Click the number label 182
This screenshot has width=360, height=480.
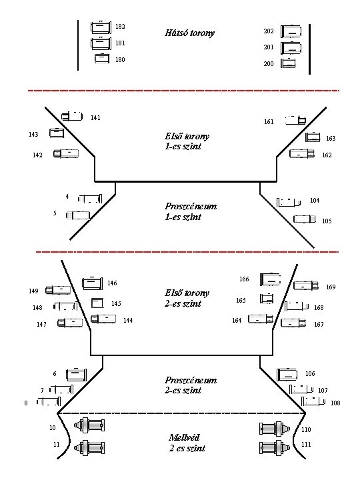click(x=120, y=26)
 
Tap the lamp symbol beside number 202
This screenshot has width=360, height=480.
click(x=291, y=31)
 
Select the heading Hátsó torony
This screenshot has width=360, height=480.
click(x=189, y=33)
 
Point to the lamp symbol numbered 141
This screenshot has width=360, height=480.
click(x=72, y=116)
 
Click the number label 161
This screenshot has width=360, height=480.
click(x=269, y=121)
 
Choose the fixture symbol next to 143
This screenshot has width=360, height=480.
click(x=57, y=133)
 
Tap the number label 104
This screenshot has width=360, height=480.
click(x=315, y=200)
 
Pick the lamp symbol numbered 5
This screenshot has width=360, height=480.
click(x=78, y=215)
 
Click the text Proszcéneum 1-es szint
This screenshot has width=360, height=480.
click(x=191, y=211)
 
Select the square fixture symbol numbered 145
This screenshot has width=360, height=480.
click(x=97, y=303)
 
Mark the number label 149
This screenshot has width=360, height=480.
click(x=33, y=291)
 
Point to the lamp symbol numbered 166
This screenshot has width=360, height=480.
click(x=270, y=279)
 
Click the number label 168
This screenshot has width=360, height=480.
click(x=319, y=307)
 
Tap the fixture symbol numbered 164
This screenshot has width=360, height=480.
click(x=261, y=319)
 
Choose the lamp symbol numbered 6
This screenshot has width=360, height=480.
click(x=77, y=375)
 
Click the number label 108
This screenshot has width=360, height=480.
click(x=335, y=403)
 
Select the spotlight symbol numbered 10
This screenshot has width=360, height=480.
click(x=89, y=425)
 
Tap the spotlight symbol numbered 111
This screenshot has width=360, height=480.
click(x=275, y=447)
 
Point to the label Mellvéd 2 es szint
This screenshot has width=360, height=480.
click(x=187, y=443)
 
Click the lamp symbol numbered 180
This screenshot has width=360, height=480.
click(x=102, y=58)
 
